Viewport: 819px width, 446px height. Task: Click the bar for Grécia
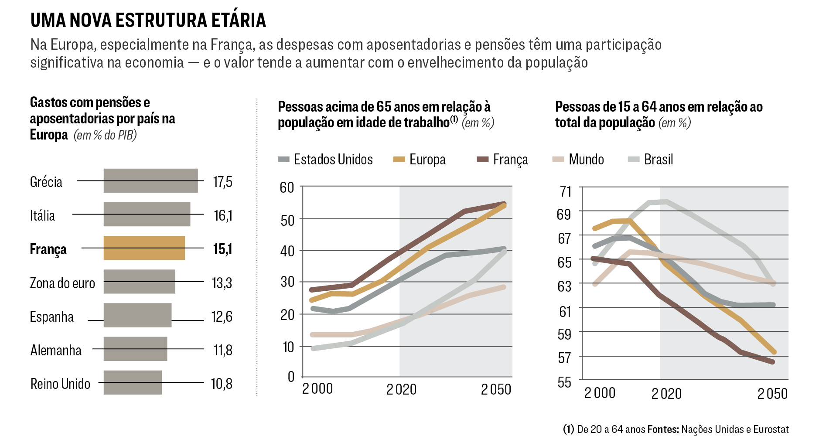[x=150, y=180]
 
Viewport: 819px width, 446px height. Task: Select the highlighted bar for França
[x=144, y=248]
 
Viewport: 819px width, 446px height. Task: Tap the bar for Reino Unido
[x=133, y=382]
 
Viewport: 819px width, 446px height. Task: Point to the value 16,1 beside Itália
[x=223, y=215]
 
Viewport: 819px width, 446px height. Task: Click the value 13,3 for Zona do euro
[x=222, y=283]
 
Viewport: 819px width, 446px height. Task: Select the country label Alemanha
[x=56, y=350]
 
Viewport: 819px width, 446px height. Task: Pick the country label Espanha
[x=52, y=317]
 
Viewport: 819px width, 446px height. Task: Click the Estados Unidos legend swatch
[x=283, y=160]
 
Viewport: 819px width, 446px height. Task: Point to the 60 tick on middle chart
[x=287, y=187]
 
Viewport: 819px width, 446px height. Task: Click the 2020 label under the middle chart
[x=401, y=389]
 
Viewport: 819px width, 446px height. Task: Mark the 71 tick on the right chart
[x=565, y=191]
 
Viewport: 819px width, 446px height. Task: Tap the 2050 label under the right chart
[x=772, y=394]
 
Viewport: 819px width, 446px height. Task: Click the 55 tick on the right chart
[x=564, y=382]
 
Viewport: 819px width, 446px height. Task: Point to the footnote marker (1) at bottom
[x=568, y=429]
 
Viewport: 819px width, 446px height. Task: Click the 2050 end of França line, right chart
[x=772, y=361]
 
